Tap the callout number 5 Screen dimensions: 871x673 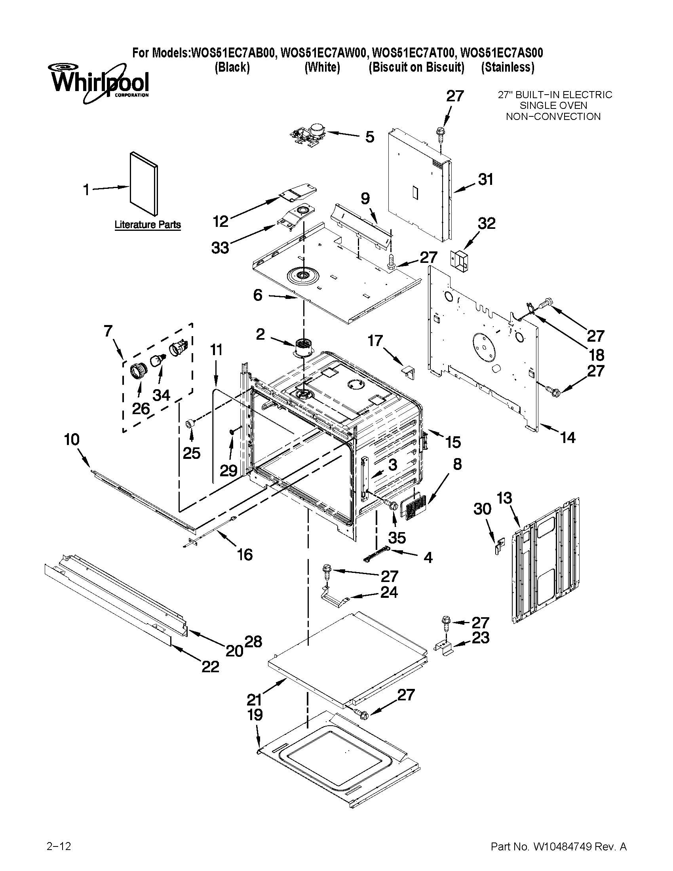(370, 137)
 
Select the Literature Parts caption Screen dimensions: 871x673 (148, 224)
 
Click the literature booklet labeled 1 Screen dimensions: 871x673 (144, 183)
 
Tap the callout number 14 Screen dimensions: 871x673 (568, 437)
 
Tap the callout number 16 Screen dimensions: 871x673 (245, 554)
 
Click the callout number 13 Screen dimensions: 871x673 (504, 498)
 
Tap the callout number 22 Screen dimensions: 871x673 (210, 666)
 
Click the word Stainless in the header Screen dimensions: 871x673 (507, 67)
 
